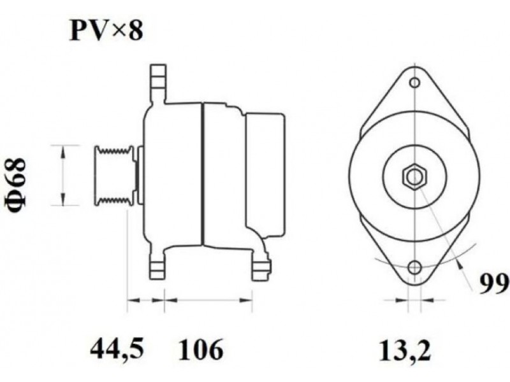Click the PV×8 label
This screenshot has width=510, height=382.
(106, 31)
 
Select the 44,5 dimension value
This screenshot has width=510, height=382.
(117, 350)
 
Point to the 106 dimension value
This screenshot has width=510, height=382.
(201, 349)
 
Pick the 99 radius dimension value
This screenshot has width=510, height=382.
(495, 284)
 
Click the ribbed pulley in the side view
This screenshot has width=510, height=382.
(114, 176)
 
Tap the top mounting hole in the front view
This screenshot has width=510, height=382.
(415, 83)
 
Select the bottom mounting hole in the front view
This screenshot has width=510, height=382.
(415, 267)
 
